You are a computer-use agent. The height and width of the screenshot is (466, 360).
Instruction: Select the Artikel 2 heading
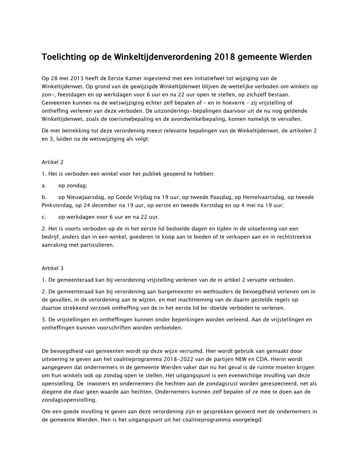click(53, 162)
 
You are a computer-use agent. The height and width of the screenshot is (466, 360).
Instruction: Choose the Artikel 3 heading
click(53, 268)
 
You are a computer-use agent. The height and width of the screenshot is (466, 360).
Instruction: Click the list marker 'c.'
click(44, 217)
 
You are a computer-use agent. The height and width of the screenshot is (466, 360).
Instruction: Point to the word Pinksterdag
click(56, 205)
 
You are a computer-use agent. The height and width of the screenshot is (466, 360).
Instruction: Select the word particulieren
click(97, 244)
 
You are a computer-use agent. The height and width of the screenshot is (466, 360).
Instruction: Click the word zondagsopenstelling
click(68, 400)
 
